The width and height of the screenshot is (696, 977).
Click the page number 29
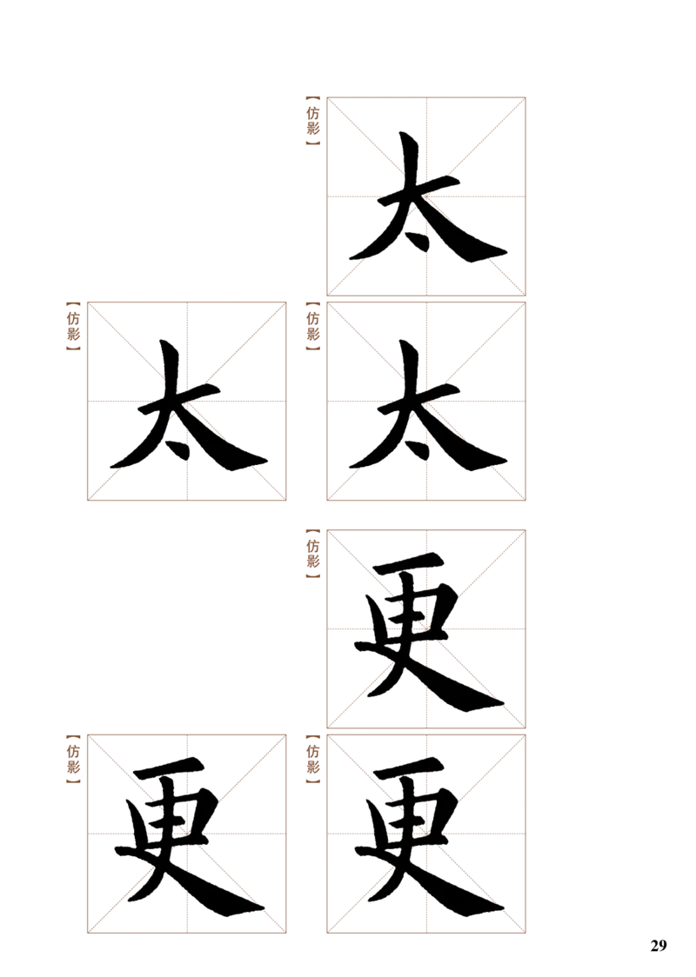click(x=659, y=945)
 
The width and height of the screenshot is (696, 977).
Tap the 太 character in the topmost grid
click(x=428, y=197)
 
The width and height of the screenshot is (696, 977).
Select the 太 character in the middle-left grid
click(x=188, y=404)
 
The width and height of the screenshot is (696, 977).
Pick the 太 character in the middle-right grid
click(x=428, y=404)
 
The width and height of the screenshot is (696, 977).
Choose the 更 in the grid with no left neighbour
click(x=429, y=632)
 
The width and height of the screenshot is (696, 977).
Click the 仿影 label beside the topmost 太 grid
click(x=313, y=121)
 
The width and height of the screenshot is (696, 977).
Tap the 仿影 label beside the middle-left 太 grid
click(x=74, y=326)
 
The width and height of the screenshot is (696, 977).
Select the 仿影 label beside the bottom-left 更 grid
click(x=74, y=758)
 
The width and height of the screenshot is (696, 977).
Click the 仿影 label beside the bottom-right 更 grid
click(x=313, y=758)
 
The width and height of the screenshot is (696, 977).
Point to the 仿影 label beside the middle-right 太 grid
click(x=313, y=326)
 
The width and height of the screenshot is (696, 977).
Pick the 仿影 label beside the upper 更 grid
click(x=313, y=554)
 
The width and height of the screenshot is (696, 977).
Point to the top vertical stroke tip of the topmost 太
click(x=405, y=135)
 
